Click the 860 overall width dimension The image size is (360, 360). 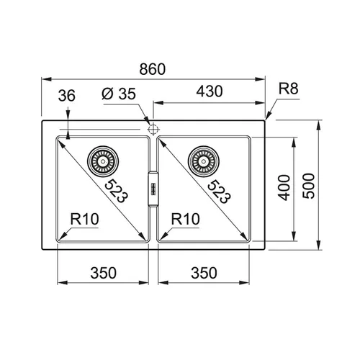[153, 69]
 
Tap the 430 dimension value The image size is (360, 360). [210, 91]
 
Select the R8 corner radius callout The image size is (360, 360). [288, 89]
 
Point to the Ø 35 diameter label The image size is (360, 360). [119, 94]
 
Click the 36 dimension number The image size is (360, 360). [66, 95]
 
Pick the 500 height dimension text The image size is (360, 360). [308, 186]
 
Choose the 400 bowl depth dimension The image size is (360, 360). [284, 187]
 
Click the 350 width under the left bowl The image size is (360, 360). [103, 273]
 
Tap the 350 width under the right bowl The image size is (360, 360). [204, 273]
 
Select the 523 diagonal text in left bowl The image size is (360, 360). [116, 191]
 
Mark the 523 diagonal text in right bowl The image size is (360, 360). [218, 192]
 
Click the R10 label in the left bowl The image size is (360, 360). [84, 219]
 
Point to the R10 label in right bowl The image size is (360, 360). [185, 219]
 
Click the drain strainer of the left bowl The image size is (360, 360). [103, 161]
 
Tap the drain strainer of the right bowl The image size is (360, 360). [204, 161]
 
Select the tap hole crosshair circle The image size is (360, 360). [153, 130]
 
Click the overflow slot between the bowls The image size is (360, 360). [153, 189]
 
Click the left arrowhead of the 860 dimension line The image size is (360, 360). [46, 79]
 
